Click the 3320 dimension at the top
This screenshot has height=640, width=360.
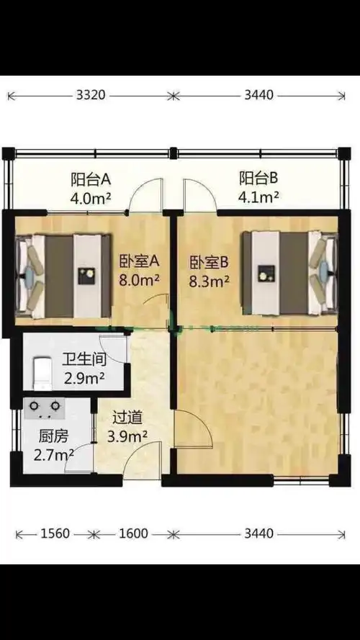click(91, 94)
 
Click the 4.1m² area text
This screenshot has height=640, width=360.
click(259, 196)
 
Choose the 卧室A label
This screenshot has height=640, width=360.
click(138, 261)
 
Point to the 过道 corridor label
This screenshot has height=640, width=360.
click(127, 418)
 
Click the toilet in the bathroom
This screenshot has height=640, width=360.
click(41, 369)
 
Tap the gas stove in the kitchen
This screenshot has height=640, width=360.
click(45, 409)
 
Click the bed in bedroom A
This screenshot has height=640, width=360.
click(65, 275)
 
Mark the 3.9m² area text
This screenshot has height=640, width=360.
click(127, 436)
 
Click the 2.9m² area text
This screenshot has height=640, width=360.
click(84, 377)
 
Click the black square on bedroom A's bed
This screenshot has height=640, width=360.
click(87, 274)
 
